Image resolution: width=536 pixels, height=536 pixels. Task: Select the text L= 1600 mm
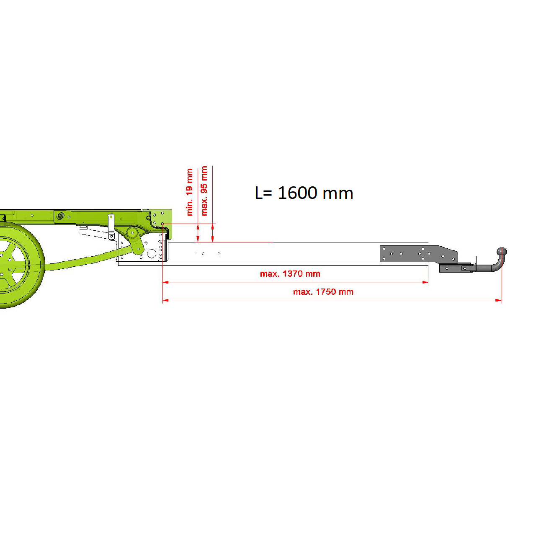click(x=304, y=193)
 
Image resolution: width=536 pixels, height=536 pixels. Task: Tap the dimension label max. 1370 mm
click(x=290, y=274)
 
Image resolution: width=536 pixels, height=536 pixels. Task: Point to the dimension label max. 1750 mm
click(x=323, y=292)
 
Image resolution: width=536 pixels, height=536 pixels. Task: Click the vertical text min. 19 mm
click(x=189, y=192)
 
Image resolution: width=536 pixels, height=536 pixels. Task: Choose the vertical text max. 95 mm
click(x=204, y=191)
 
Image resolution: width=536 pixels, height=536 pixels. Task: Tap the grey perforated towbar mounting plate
click(x=419, y=254)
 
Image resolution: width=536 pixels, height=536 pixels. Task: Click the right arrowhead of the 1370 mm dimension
click(x=425, y=282)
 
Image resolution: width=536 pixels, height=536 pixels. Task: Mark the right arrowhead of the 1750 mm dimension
click(x=498, y=300)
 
